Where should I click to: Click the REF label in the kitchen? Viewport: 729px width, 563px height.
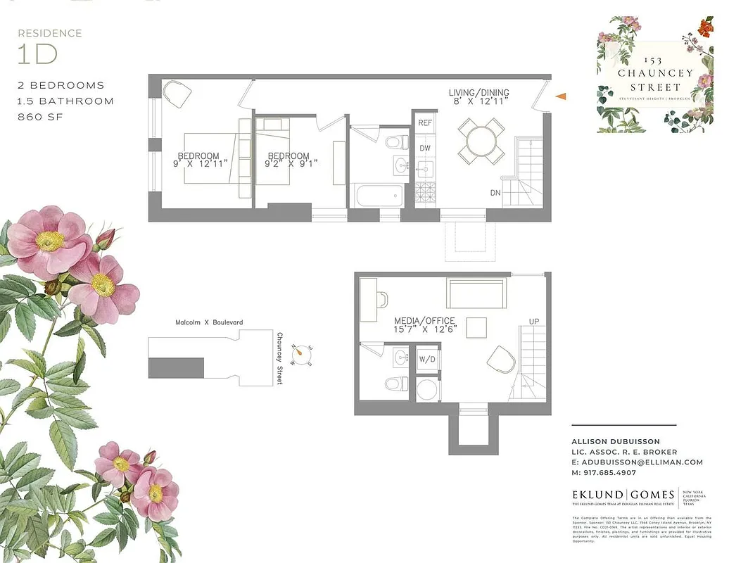[x=425, y=122]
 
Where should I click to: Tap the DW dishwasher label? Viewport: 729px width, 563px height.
[x=425, y=148]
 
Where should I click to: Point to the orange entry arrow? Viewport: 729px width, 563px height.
[x=561, y=96]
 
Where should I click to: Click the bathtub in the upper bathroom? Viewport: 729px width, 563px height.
[x=379, y=195]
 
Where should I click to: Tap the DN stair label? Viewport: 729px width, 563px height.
[x=495, y=192]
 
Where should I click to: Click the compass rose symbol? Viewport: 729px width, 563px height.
[x=304, y=351]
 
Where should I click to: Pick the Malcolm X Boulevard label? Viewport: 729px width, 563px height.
[x=209, y=322]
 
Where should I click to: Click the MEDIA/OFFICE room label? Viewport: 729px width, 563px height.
[x=424, y=321]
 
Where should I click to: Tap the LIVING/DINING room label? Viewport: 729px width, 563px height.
[x=479, y=93]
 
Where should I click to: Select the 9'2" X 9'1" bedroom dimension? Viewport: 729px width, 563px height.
[x=289, y=164]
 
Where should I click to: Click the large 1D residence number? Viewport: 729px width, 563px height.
[x=37, y=53]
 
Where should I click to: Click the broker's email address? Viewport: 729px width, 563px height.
[x=637, y=462]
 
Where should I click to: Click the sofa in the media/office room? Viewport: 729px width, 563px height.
[x=476, y=293]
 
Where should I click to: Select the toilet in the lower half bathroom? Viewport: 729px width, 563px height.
[x=397, y=384]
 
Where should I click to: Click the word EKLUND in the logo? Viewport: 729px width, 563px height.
[x=599, y=495]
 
